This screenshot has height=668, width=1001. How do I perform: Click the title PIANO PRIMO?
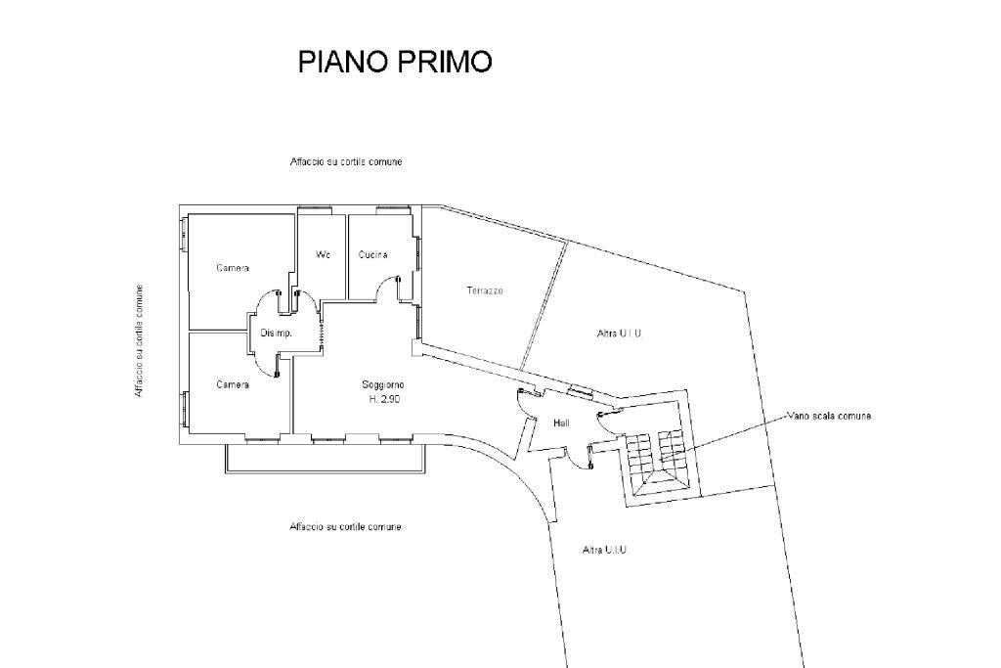point(394,62)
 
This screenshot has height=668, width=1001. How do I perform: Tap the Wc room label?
point(323,254)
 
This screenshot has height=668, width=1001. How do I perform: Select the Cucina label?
point(372,254)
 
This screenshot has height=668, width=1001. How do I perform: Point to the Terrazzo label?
point(485,290)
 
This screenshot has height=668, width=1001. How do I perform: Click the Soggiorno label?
point(383,384)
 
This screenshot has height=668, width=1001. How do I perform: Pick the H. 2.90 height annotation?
point(383,399)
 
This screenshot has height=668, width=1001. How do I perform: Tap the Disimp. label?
point(276,334)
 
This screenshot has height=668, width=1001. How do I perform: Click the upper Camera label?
point(233,268)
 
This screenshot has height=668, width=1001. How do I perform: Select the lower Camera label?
point(233,384)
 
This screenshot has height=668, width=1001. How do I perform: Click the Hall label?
point(561,423)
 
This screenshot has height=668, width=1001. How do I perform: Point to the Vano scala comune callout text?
point(828,416)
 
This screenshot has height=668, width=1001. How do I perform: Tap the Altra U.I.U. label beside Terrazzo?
point(620,334)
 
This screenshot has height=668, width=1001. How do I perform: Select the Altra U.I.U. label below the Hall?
point(604,550)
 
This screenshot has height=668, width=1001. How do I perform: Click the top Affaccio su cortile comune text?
point(345,161)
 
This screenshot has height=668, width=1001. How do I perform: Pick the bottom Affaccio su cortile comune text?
point(345,527)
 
